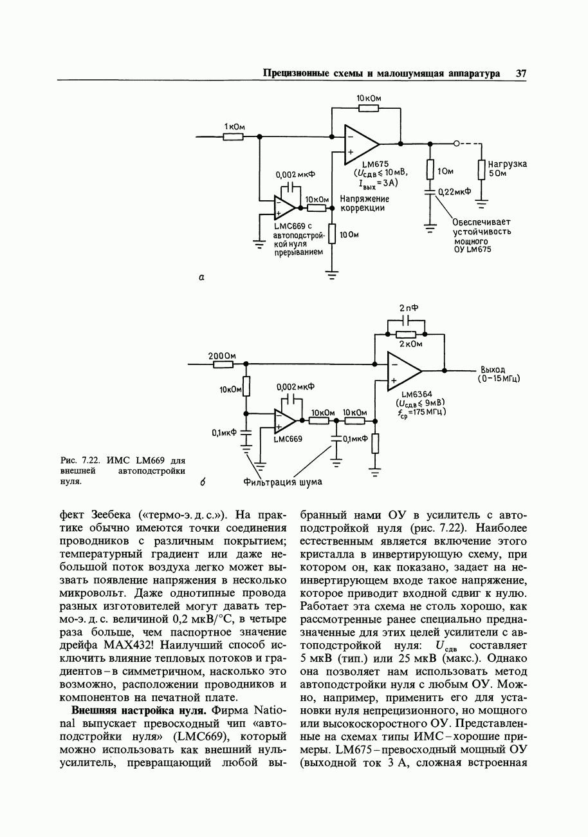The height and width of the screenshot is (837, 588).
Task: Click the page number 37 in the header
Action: click(521, 73)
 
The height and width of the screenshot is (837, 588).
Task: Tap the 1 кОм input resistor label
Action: click(234, 127)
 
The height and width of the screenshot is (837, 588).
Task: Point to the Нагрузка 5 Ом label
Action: click(507, 169)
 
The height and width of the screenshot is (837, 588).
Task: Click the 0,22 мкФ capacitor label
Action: click(455, 192)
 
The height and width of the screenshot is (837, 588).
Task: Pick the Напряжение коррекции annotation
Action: click(364, 203)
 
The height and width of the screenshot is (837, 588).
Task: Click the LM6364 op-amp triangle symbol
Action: click(403, 371)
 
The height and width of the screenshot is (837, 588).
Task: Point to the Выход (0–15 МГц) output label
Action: click(499, 374)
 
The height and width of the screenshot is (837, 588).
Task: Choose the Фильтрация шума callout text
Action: click(282, 482)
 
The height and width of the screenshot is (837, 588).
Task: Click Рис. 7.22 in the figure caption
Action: click(80, 460)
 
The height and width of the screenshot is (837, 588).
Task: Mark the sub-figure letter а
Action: click(201, 277)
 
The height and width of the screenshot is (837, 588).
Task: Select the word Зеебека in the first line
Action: click(113, 514)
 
